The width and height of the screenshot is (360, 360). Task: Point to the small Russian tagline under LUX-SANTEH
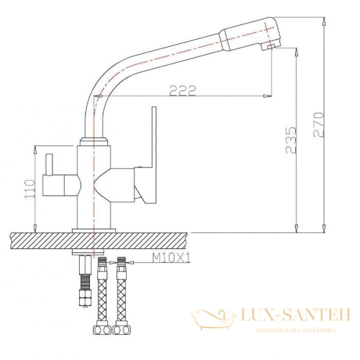(295, 331)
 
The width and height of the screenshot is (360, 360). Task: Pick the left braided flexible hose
(102, 294)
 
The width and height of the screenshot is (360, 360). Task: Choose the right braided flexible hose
(122, 294)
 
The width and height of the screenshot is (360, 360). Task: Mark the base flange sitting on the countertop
(94, 230)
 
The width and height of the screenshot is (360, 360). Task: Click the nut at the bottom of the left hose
(101, 329)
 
